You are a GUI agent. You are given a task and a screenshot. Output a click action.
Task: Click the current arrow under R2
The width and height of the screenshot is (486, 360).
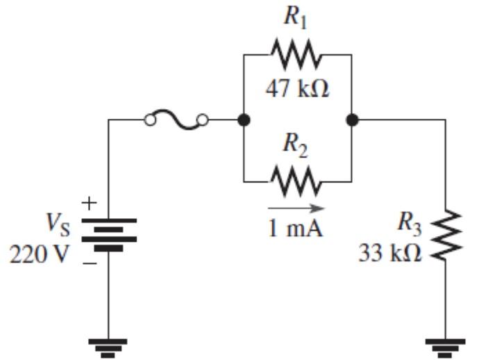(x=296, y=207)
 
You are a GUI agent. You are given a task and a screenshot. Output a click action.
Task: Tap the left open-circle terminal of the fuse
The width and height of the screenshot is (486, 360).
(x=150, y=120)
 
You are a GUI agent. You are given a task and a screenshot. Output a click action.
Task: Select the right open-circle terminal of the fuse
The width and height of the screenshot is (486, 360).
(x=203, y=120)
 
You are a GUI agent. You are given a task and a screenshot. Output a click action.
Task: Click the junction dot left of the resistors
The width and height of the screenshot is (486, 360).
(x=244, y=120)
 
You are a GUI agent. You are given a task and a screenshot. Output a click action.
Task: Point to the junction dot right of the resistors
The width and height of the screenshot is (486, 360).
(x=353, y=120)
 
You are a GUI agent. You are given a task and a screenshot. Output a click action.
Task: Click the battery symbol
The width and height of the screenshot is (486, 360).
(x=109, y=234)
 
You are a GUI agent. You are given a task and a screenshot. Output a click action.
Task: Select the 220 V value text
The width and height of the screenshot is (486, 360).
(x=39, y=254)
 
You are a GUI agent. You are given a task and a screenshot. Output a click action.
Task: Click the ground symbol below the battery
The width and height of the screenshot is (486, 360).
(x=109, y=346)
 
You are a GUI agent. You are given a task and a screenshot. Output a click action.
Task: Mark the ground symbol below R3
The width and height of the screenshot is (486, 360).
(x=444, y=346)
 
